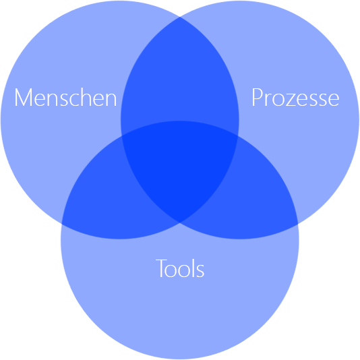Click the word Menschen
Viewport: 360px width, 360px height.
(x=65, y=97)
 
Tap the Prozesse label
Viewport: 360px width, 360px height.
(x=295, y=97)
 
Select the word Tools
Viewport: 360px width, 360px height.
(x=180, y=268)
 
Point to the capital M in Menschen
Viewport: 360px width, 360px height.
(x=23, y=97)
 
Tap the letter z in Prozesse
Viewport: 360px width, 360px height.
(x=289, y=99)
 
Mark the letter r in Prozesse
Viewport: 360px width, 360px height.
(x=268, y=99)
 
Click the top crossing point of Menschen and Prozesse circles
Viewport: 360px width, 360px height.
(x=180, y=17)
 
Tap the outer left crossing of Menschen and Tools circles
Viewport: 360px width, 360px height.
(x=61, y=223)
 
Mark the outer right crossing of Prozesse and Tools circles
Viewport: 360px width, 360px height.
(x=298, y=223)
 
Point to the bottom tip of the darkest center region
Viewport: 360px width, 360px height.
(x=180, y=222)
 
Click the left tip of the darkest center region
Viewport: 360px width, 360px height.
(x=121, y=136)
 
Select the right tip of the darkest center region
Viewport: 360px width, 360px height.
(x=238, y=136)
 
